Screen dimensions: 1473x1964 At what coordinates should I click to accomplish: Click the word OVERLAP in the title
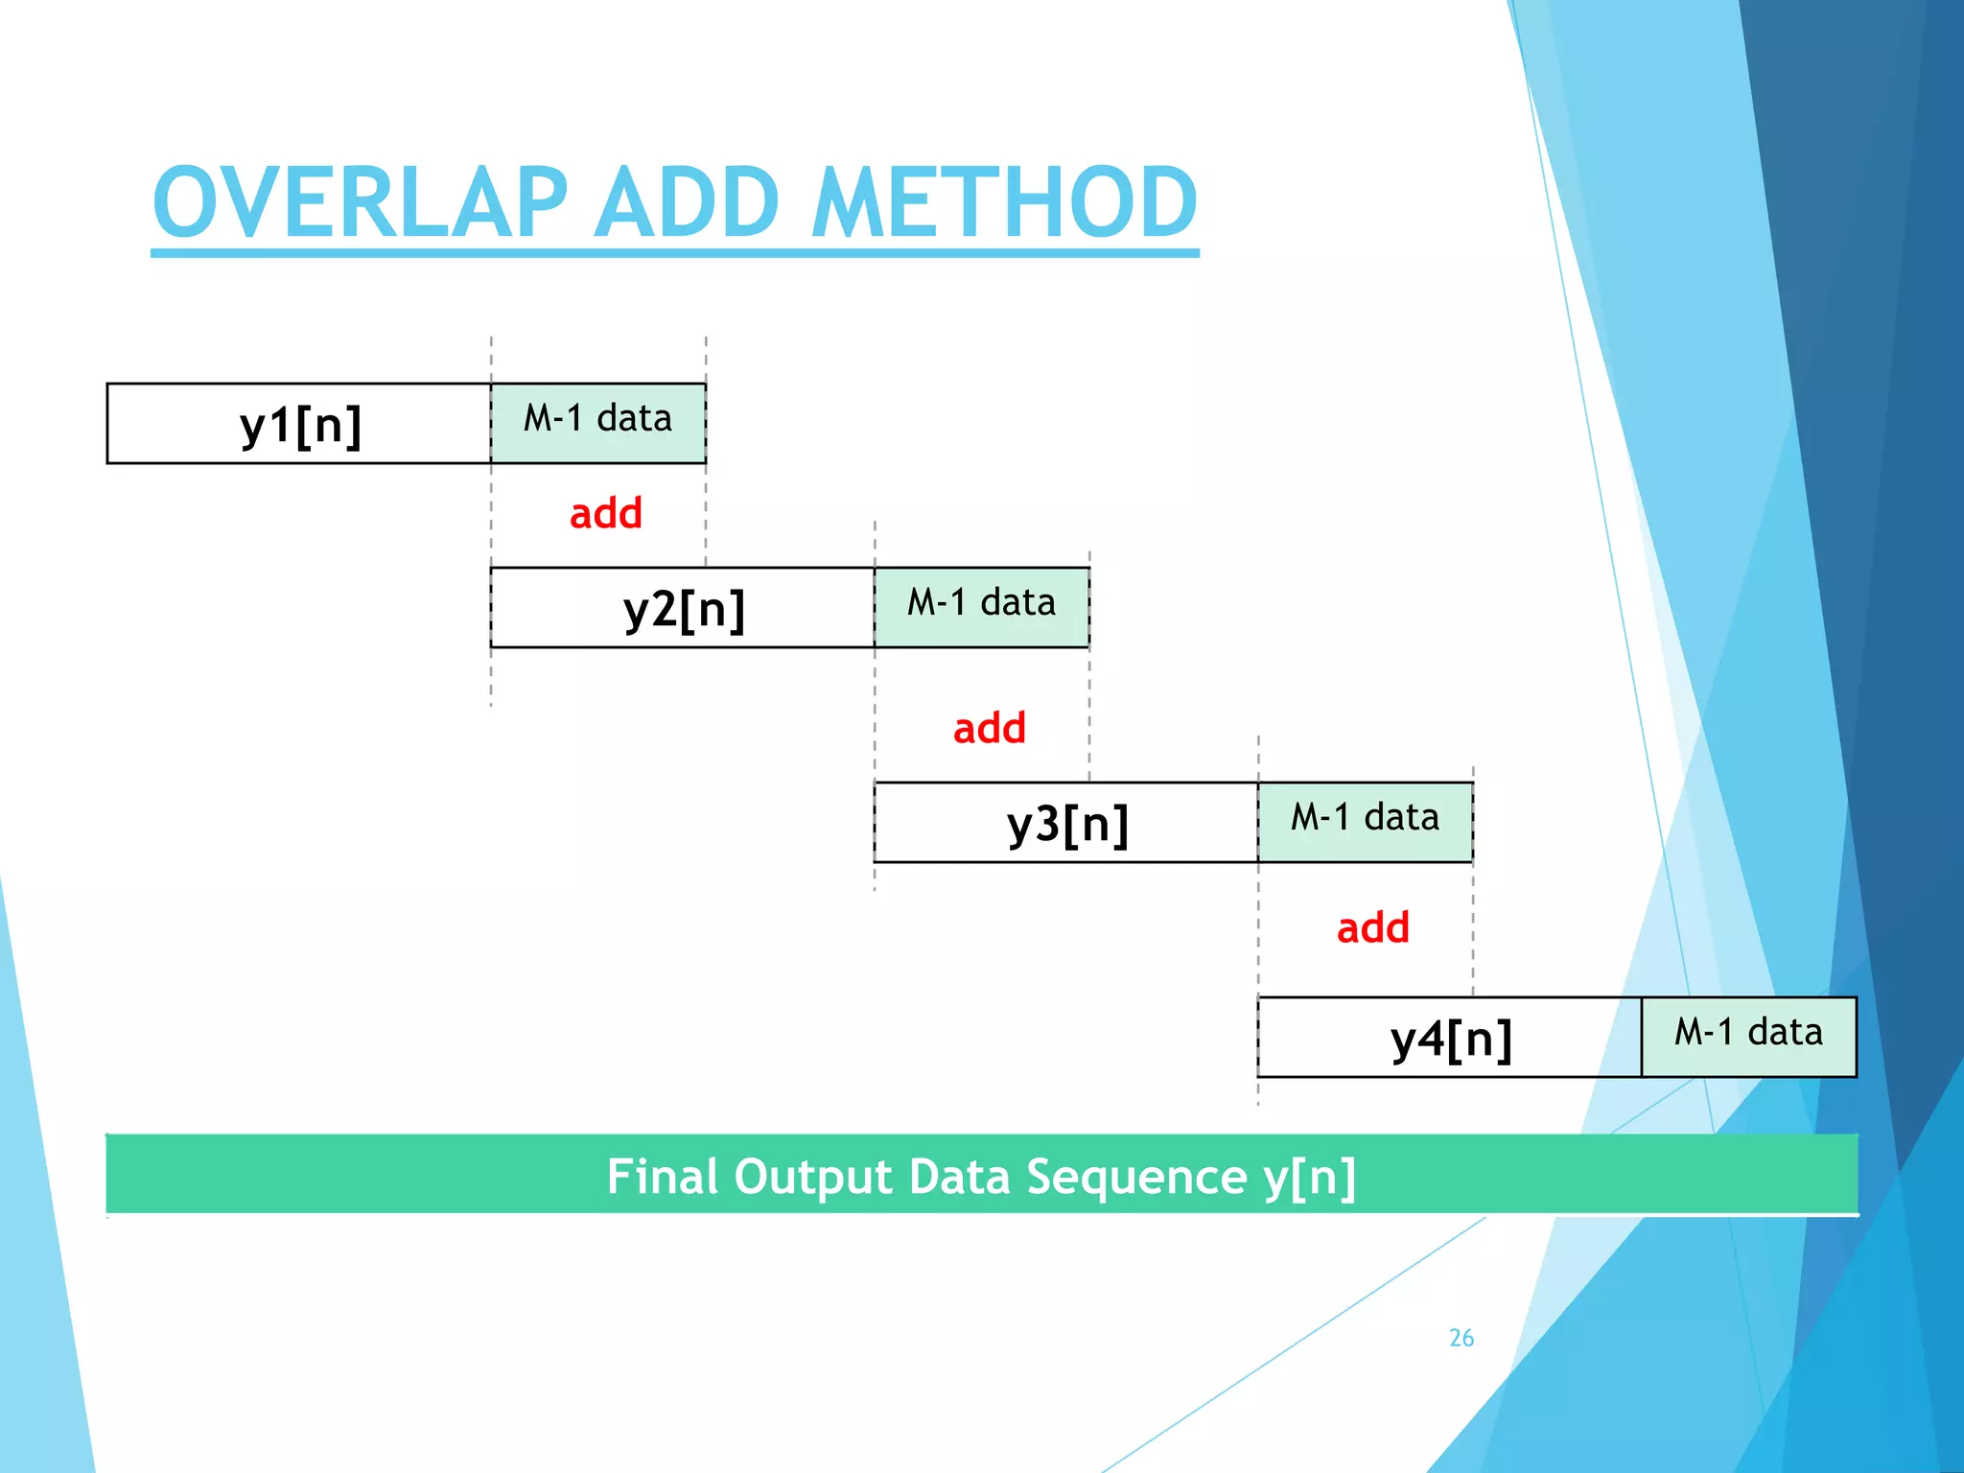coord(361,202)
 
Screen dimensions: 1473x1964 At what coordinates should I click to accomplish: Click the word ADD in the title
coord(687,202)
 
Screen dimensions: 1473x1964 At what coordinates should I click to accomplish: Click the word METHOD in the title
coord(1004,202)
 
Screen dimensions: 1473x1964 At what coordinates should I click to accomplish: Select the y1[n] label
coord(300,425)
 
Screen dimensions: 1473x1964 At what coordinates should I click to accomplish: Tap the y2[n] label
coord(684,609)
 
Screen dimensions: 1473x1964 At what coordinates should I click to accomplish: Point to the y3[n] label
coord(1067,824)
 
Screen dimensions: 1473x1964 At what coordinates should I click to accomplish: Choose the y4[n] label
coord(1451,1039)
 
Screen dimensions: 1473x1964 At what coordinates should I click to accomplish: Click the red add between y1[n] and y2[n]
coord(605,514)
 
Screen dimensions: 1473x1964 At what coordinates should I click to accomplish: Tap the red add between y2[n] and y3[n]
coord(989,729)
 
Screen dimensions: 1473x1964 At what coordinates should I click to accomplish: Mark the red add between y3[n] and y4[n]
coord(1372,928)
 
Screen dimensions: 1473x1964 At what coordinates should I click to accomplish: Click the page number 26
coord(1461,1338)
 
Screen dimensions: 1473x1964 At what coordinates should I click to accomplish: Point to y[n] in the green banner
coord(1309,1178)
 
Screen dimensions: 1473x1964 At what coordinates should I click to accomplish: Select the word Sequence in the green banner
coord(1136,1178)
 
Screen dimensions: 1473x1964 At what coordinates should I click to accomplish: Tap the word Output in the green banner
coord(813,1178)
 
